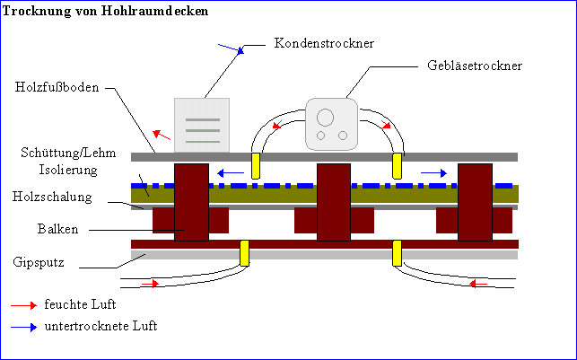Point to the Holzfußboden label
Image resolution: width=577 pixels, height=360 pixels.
coord(57,87)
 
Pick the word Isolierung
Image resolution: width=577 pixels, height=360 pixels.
coord(74,169)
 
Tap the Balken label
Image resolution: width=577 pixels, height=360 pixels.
coord(58,229)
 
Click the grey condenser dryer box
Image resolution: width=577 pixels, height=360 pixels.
coord(202,125)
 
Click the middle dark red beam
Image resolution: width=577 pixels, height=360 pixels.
coord(334,202)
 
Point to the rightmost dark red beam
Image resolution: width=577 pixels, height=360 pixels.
coord(475,202)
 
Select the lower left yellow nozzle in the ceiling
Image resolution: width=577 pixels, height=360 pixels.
coord(244,253)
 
